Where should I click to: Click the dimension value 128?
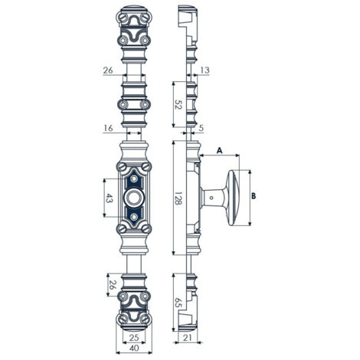pyautogui.click(x=178, y=198)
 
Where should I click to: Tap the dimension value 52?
pyautogui.click(x=178, y=105)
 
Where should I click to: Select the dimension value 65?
pyautogui.click(x=178, y=302)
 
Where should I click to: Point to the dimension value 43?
pyautogui.click(x=109, y=198)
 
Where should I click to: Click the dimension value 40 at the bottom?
pyautogui.click(x=134, y=348)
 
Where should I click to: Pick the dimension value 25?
pyautogui.click(x=134, y=338)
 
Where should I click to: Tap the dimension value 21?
pyautogui.click(x=188, y=338)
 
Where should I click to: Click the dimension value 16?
pyautogui.click(x=108, y=128)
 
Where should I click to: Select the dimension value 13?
pyautogui.click(x=205, y=70)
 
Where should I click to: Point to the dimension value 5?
pyautogui.click(x=201, y=128)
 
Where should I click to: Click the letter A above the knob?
pyautogui.click(x=220, y=151)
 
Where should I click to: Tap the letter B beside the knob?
pyautogui.click(x=254, y=196)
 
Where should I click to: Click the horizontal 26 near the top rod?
pyautogui.click(x=108, y=70)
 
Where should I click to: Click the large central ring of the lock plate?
pyautogui.click(x=134, y=198)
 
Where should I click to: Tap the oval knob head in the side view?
pyautogui.click(x=234, y=198)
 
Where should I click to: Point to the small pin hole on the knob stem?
pyautogui.click(x=211, y=198)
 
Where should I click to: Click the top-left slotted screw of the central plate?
pyautogui.click(x=122, y=167)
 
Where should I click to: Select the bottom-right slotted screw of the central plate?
pyautogui.click(x=146, y=228)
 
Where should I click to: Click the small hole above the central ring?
pyautogui.click(x=134, y=179)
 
